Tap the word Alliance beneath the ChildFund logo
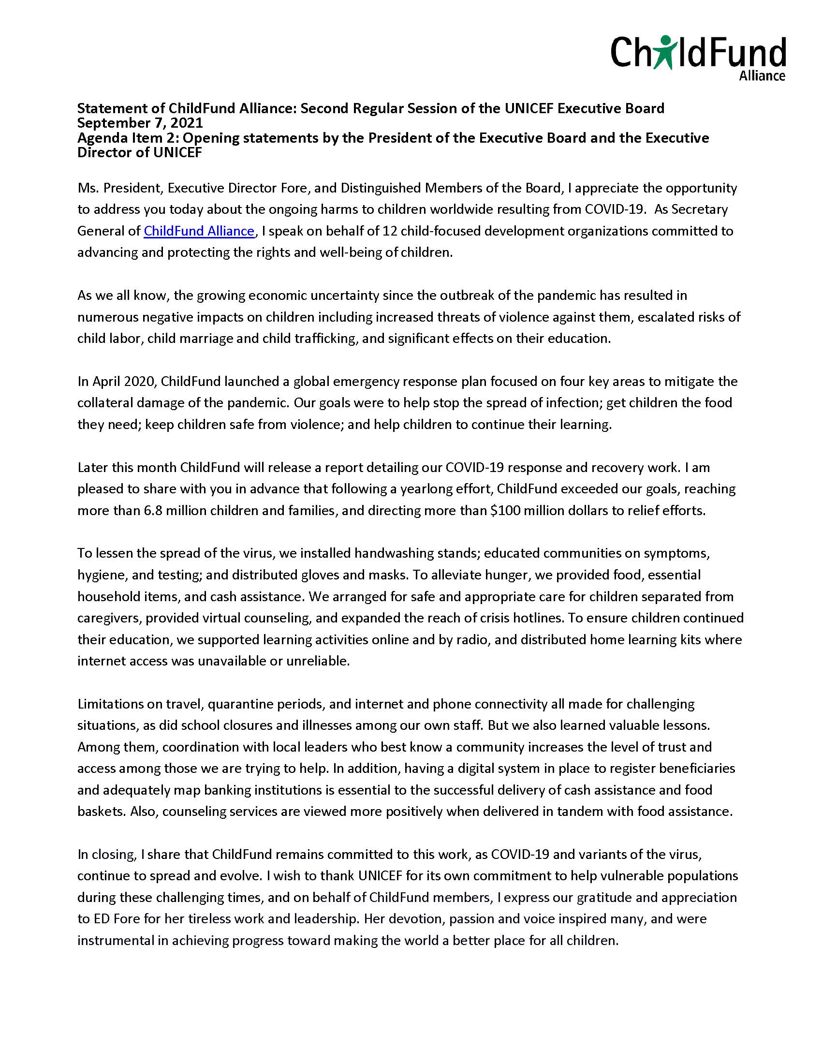click(762, 76)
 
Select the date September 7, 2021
click(140, 123)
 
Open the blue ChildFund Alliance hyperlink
click(199, 231)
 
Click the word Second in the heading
click(324, 108)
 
